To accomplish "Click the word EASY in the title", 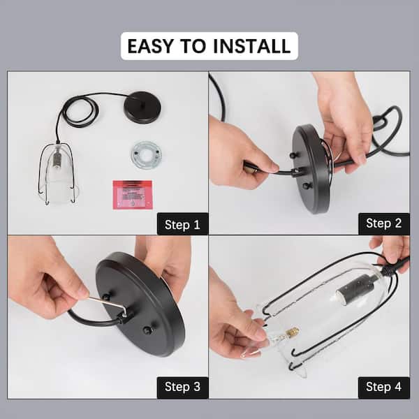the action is click(x=150, y=46).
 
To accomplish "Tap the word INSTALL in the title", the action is click(x=251, y=46).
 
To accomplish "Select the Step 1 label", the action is click(x=182, y=224).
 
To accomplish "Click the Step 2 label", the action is click(x=383, y=223).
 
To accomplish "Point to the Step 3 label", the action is click(x=182, y=387).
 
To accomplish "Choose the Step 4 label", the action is click(x=383, y=387).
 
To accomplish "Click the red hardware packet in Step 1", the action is click(x=133, y=195).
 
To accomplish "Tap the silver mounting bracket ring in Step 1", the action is click(x=146, y=155).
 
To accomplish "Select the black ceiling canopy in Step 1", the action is click(x=142, y=108).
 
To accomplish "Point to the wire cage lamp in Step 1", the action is click(x=57, y=173).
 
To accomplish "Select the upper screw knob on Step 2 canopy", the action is click(x=293, y=155).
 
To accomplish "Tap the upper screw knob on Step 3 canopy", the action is click(x=107, y=296).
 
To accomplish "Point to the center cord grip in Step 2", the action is click(x=297, y=172).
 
